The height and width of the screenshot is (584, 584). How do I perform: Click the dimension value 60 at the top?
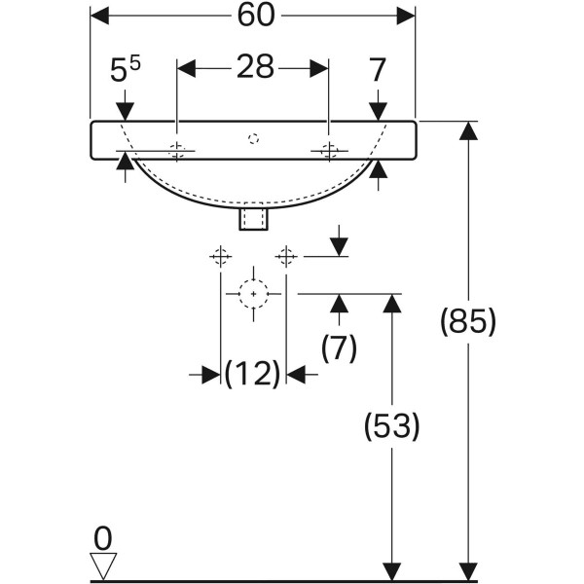[253, 15]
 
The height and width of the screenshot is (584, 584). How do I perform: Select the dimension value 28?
[253, 68]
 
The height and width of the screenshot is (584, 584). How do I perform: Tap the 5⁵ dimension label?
[125, 70]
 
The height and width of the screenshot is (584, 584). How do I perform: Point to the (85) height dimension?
[468, 321]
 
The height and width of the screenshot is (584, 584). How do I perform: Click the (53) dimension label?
[391, 425]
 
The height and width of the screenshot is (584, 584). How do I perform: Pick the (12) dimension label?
[253, 373]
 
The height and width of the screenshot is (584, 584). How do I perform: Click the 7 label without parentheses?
[379, 69]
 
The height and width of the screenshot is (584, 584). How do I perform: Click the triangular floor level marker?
[102, 566]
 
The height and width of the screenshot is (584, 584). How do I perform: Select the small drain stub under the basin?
[253, 219]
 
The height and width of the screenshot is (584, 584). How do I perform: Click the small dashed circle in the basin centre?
[253, 138]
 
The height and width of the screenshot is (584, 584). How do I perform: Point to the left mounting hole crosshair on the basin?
[177, 151]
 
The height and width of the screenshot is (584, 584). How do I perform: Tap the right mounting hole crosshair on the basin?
[329, 151]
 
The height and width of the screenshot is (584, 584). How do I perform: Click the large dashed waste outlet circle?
[253, 293]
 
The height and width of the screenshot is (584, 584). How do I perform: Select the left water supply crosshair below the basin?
[220, 256]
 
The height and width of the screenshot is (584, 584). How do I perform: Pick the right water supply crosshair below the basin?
[285, 256]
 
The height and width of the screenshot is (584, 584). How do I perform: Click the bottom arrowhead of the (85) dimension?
[468, 571]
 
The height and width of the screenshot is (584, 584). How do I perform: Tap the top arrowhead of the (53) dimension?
[391, 302]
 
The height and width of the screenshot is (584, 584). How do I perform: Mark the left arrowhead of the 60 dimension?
[97, 15]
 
